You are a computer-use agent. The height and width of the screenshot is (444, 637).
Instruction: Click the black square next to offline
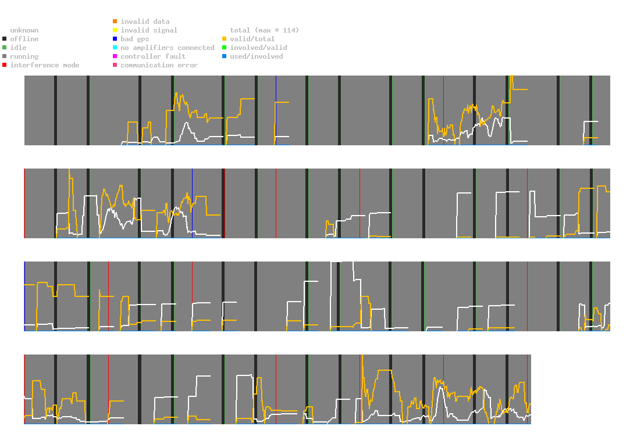[5, 39]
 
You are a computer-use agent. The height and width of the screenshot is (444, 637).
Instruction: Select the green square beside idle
[5, 48]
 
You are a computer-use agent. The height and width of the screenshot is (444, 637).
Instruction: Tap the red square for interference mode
[5, 65]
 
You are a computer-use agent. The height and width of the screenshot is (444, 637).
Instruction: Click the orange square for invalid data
[115, 21]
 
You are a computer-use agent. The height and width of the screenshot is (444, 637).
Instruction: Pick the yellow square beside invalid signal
[115, 30]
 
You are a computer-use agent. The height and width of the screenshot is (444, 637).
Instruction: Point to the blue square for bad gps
[115, 39]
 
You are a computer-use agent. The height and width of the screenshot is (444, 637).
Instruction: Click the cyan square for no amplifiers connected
[115, 48]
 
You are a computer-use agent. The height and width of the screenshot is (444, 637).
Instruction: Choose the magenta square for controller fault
[115, 56]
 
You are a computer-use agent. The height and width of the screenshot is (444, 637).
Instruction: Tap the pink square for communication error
[115, 65]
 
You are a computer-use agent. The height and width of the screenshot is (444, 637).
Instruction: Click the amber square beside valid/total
[224, 39]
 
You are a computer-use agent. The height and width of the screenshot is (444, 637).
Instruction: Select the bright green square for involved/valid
[224, 48]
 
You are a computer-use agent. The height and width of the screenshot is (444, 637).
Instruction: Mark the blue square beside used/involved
[224, 56]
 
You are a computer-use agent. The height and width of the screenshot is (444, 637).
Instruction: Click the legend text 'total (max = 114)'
[265, 30]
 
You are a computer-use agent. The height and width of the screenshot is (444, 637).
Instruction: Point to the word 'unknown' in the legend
[24, 30]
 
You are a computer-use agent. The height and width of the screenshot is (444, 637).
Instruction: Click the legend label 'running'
[24, 56]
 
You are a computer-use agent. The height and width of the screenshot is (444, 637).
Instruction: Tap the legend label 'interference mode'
[45, 65]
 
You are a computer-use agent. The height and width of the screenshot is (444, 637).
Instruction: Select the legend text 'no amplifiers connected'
[168, 48]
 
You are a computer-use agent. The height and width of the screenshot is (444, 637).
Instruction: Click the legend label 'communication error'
[159, 65]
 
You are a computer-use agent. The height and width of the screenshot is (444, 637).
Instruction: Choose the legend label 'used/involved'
[257, 56]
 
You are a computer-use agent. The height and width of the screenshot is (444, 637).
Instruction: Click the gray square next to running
[5, 56]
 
